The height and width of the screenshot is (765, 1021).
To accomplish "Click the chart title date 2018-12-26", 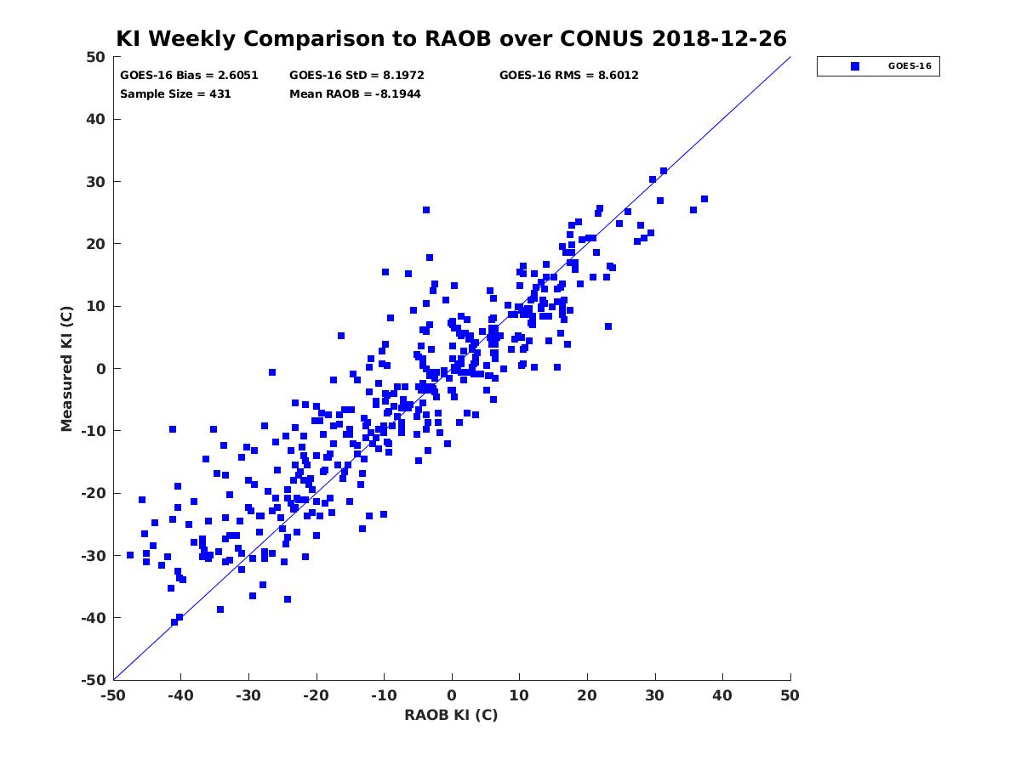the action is (x=719, y=38).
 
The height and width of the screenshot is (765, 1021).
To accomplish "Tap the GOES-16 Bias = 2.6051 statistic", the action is (x=189, y=76).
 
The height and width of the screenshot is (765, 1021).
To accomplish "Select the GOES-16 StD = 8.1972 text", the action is (x=356, y=76).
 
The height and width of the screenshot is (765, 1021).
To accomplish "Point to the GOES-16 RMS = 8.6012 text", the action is (x=568, y=76).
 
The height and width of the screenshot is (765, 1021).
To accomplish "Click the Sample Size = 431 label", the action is (x=175, y=94).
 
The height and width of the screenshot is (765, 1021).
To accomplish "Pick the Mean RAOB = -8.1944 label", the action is (x=355, y=94).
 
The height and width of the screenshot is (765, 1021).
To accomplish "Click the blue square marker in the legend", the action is (x=854, y=66).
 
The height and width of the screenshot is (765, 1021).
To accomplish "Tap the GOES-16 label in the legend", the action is (x=910, y=66).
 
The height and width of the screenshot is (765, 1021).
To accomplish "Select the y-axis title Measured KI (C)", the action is (x=66, y=368).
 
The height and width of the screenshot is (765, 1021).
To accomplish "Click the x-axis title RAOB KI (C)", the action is (x=451, y=714).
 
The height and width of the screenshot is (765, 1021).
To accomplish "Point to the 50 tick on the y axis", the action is (x=95, y=57).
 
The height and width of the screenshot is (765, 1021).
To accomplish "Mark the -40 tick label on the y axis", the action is (x=93, y=618).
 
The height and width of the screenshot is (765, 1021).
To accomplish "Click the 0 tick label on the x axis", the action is (x=452, y=695).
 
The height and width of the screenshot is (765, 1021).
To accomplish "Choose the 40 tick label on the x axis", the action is (x=722, y=695).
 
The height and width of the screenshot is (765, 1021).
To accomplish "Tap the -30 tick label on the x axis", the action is (x=248, y=695).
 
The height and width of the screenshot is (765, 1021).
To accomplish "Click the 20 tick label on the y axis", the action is (x=95, y=244).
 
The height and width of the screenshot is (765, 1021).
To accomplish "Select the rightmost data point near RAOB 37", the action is (x=704, y=199).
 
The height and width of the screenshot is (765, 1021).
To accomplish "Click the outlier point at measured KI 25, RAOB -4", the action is (x=426, y=210).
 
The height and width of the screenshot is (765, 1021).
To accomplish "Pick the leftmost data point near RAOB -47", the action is (x=130, y=555).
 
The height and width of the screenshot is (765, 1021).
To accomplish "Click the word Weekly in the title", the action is (x=192, y=39).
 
